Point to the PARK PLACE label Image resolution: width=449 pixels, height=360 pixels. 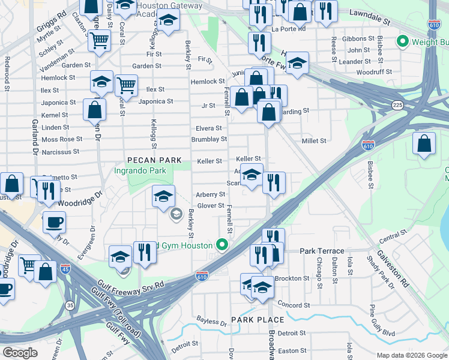tap(253, 320)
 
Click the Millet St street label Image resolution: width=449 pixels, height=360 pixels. tap(313, 141)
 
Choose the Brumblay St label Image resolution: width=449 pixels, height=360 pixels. tap(209, 139)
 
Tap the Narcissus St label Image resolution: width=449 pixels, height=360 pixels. tap(60, 152)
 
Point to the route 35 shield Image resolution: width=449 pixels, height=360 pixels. tap(71, 305)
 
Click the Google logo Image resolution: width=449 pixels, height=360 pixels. tap(21, 353)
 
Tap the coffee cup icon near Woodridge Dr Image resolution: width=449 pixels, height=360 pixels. tap(54, 221)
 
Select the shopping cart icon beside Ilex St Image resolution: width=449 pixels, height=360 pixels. tap(126, 86)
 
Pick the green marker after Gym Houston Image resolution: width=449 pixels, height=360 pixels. tap(222, 245)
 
